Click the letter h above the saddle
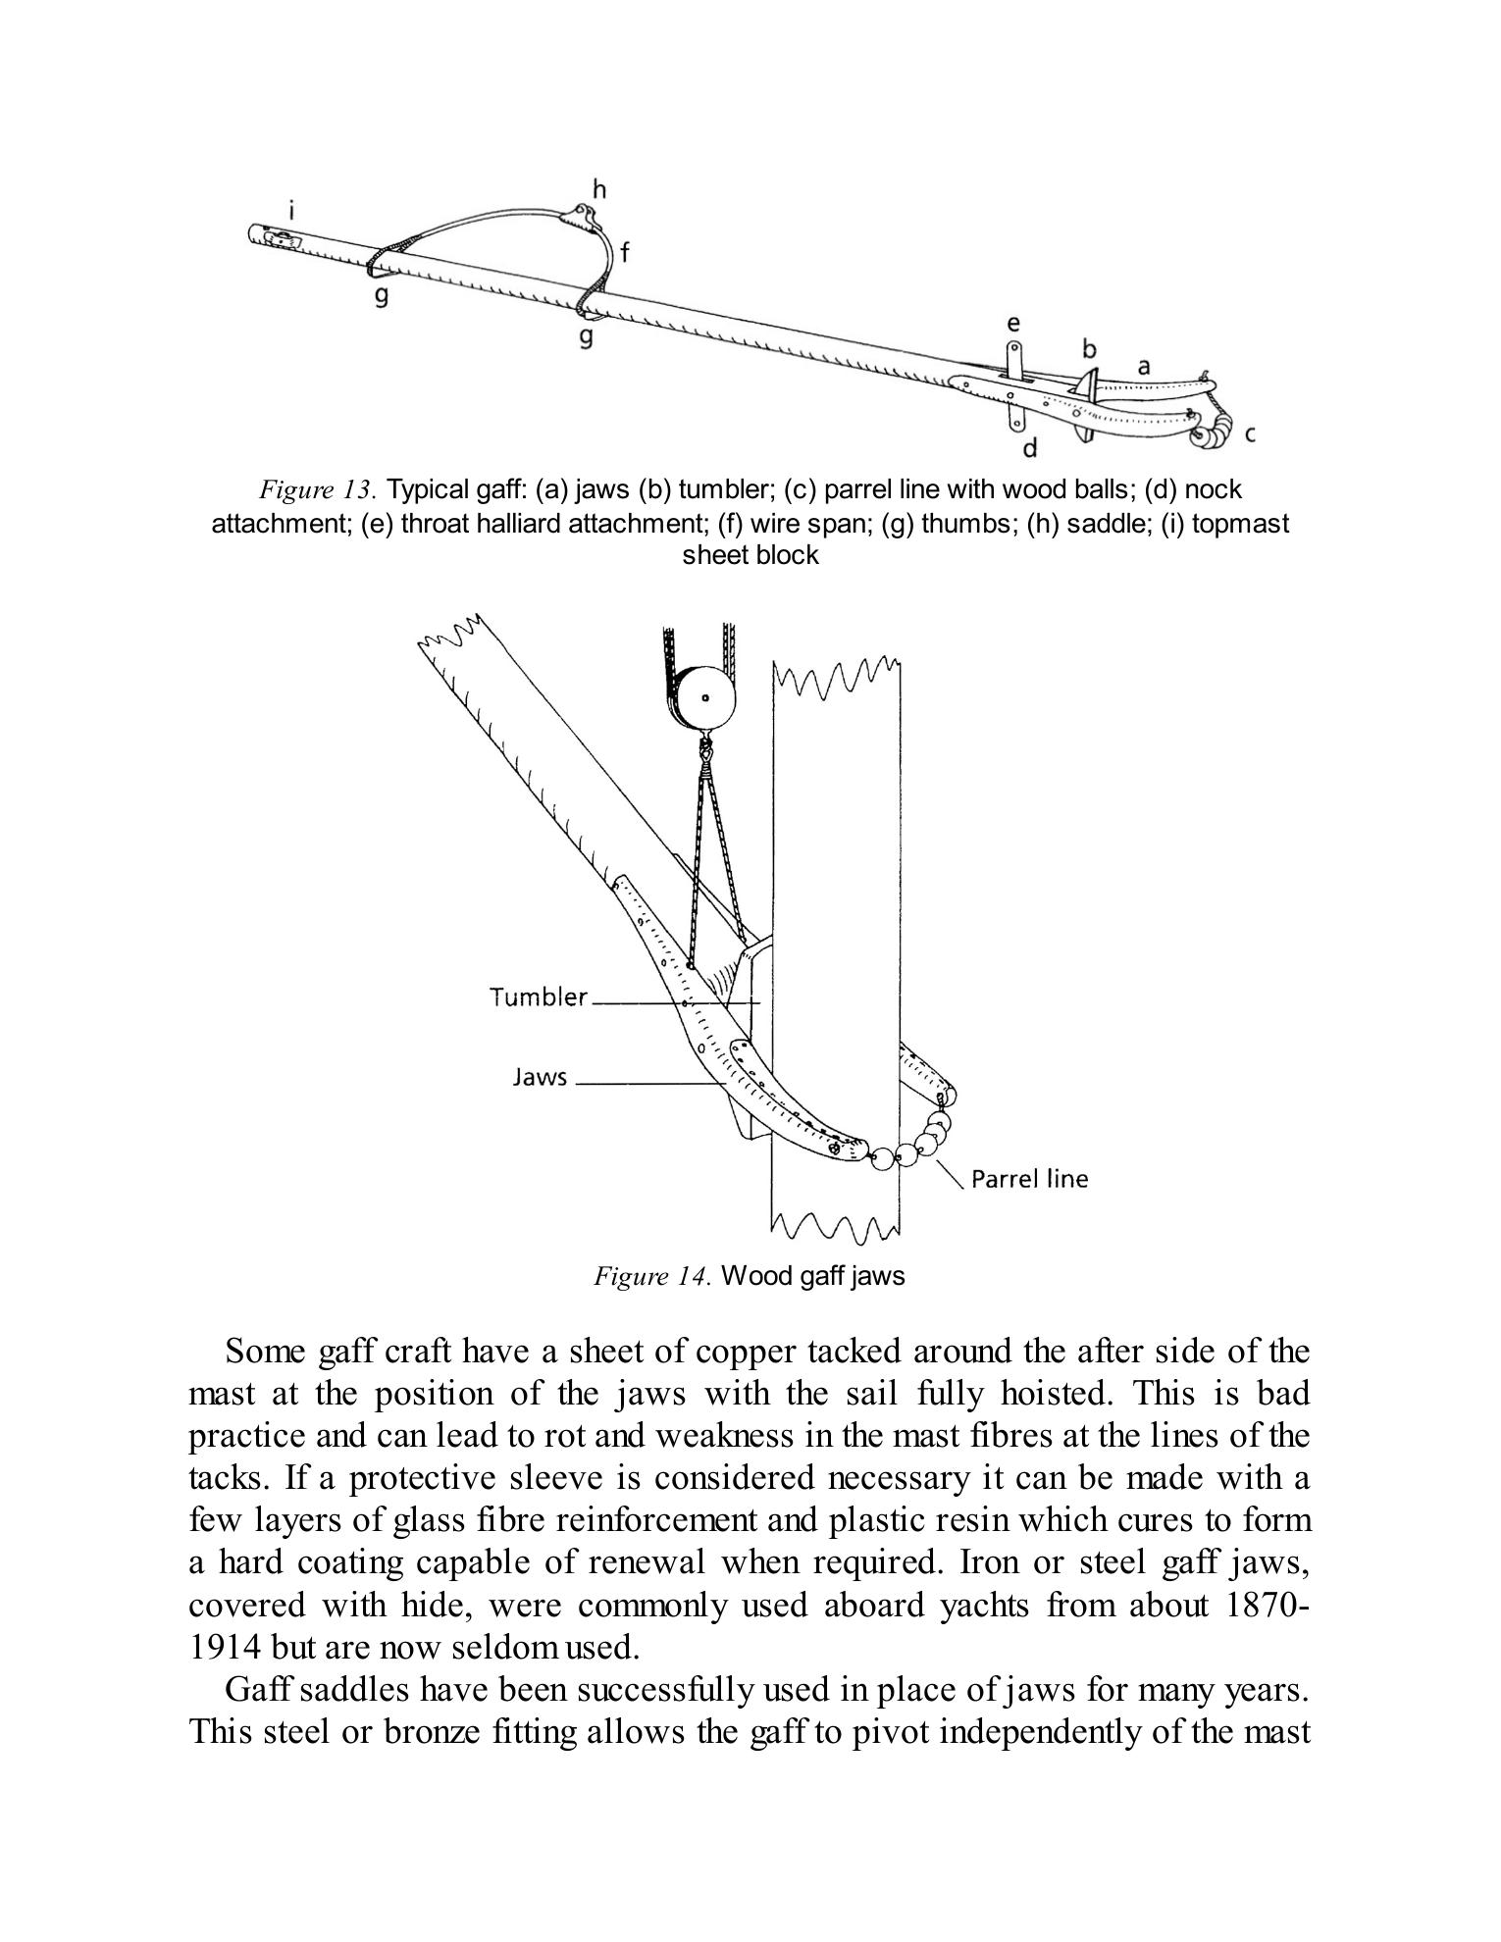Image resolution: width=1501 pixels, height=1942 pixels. tap(599, 188)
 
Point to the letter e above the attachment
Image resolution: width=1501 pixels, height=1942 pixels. tap(1013, 323)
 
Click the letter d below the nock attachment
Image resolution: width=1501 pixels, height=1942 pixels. tap(1030, 449)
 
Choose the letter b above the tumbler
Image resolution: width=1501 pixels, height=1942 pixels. tap(1089, 348)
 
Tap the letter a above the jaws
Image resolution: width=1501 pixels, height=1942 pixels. tap(1143, 366)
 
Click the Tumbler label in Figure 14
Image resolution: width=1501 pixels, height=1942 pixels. tap(538, 997)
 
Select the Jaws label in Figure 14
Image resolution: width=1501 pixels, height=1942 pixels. tap(540, 1077)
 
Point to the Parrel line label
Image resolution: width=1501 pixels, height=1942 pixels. tap(1029, 1179)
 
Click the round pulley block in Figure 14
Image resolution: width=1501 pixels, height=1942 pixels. tap(704, 698)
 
